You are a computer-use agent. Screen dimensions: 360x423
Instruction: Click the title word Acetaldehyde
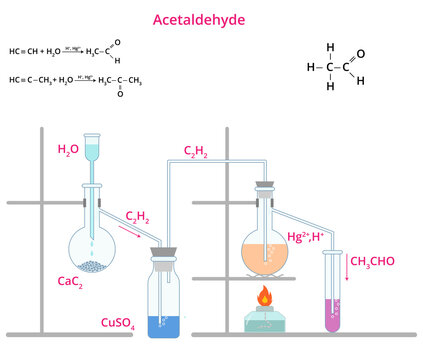click(211, 19)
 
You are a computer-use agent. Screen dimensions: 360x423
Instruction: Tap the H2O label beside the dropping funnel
click(67, 149)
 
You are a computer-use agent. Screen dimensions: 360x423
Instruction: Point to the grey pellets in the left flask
click(95, 267)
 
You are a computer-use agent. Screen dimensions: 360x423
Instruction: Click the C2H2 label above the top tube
click(195, 151)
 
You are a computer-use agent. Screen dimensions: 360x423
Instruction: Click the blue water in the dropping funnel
click(95, 149)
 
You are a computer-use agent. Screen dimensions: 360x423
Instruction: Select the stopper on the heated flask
click(265, 185)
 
